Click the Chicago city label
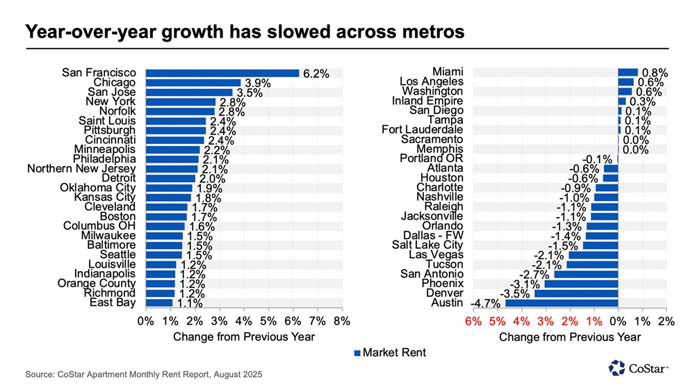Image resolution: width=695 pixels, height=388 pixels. pos(115,82)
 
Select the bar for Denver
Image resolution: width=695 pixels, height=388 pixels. pos(575,293)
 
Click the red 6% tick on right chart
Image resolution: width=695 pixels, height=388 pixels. pos(472,321)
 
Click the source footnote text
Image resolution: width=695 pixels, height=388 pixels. pos(145,374)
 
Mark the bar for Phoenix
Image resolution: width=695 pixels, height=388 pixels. pos(580,284)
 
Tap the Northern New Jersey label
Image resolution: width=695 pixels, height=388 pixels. pos(81,168)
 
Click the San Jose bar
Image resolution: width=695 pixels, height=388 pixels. pos(189,92)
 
